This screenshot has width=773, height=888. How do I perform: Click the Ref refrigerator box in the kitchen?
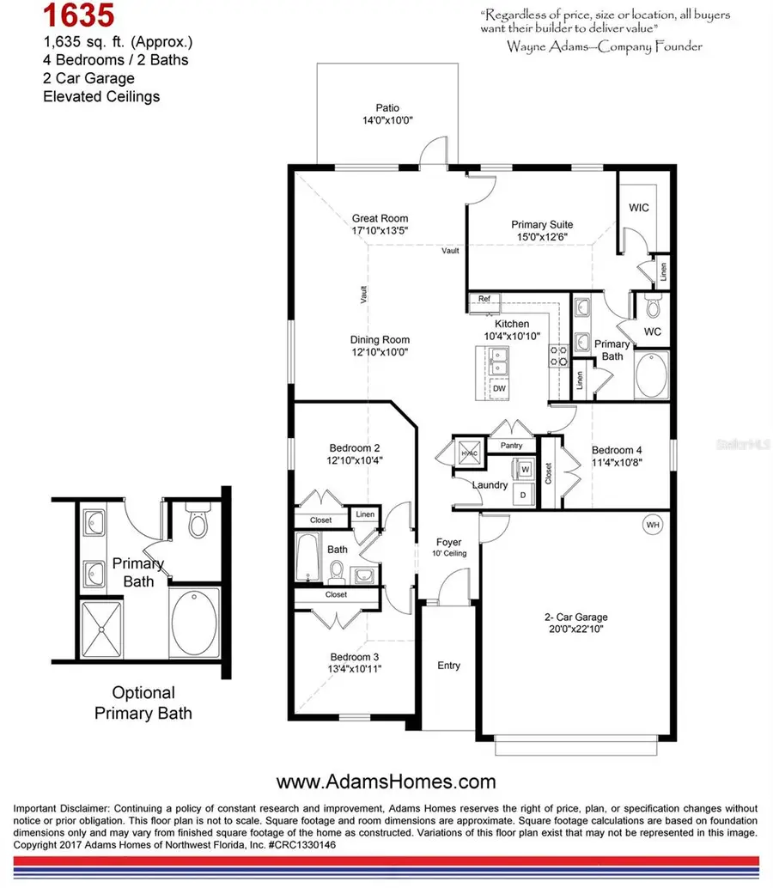(484, 299)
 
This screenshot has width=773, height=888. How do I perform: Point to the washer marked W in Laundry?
(526, 469)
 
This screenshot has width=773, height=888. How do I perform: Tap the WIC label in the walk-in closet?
(639, 208)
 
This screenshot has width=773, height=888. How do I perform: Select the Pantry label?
(512, 445)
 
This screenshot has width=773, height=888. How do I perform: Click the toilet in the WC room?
(652, 307)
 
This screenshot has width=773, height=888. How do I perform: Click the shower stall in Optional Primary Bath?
(101, 629)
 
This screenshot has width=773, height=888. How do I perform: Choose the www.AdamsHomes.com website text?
(386, 782)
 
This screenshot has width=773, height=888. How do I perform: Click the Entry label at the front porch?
(448, 666)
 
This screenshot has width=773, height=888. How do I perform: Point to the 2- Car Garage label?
(575, 617)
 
